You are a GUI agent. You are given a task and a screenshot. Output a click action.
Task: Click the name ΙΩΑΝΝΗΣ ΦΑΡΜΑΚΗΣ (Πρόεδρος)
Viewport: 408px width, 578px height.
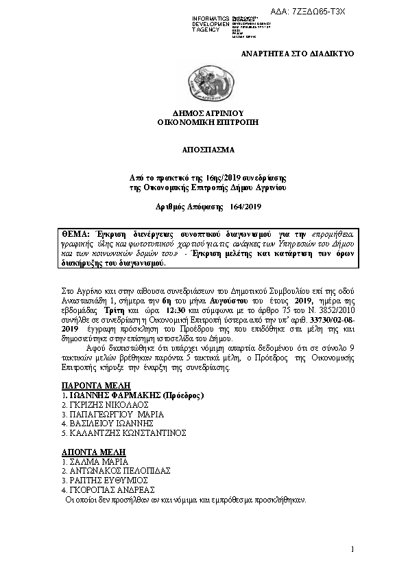click(133, 396)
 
